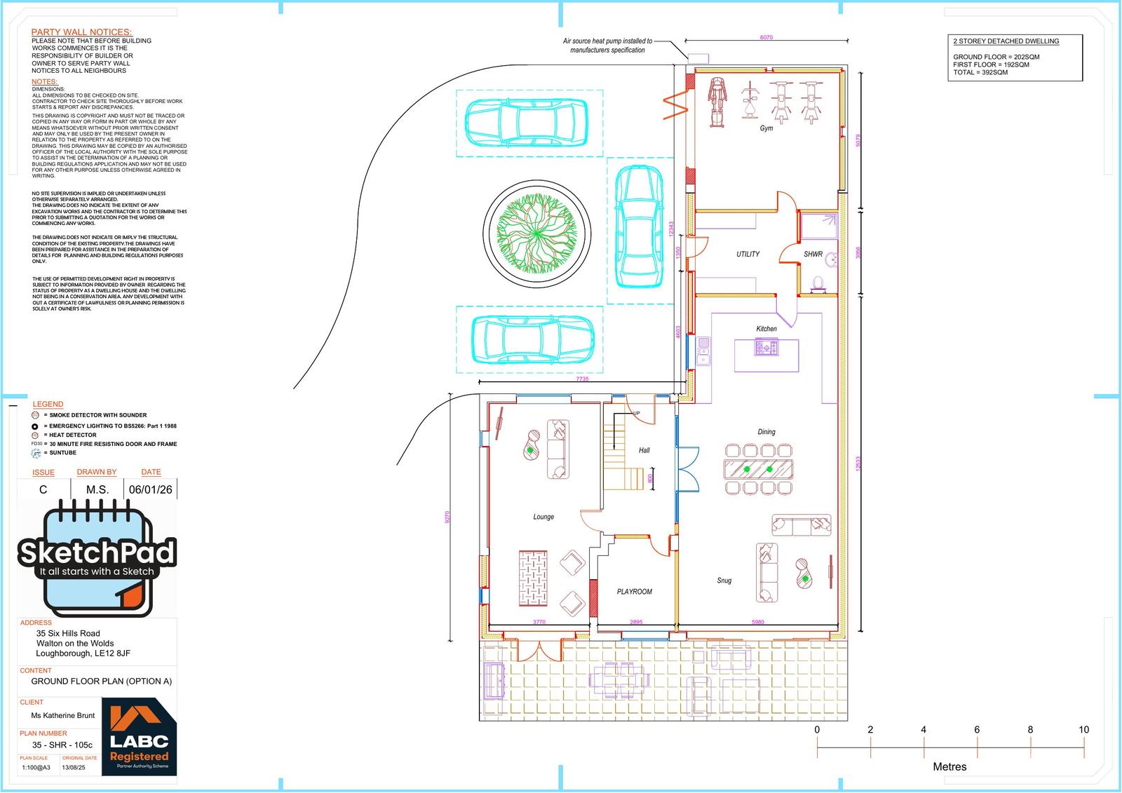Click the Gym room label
pos(766,128)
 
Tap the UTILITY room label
pos(748,254)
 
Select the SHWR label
pos(813,254)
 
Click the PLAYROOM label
pos(634,592)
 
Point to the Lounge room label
pos(543,517)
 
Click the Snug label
pos(724,581)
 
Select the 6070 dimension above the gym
pos(766,37)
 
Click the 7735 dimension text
pos(582,379)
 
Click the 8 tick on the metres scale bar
pos(1030,730)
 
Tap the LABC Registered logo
pos(139,737)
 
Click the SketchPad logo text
pos(97,553)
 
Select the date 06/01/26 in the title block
pos(151,489)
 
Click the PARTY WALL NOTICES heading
pos(81,32)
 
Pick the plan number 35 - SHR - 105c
pos(62,745)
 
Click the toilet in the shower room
pos(817,284)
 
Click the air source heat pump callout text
pos(607,46)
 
